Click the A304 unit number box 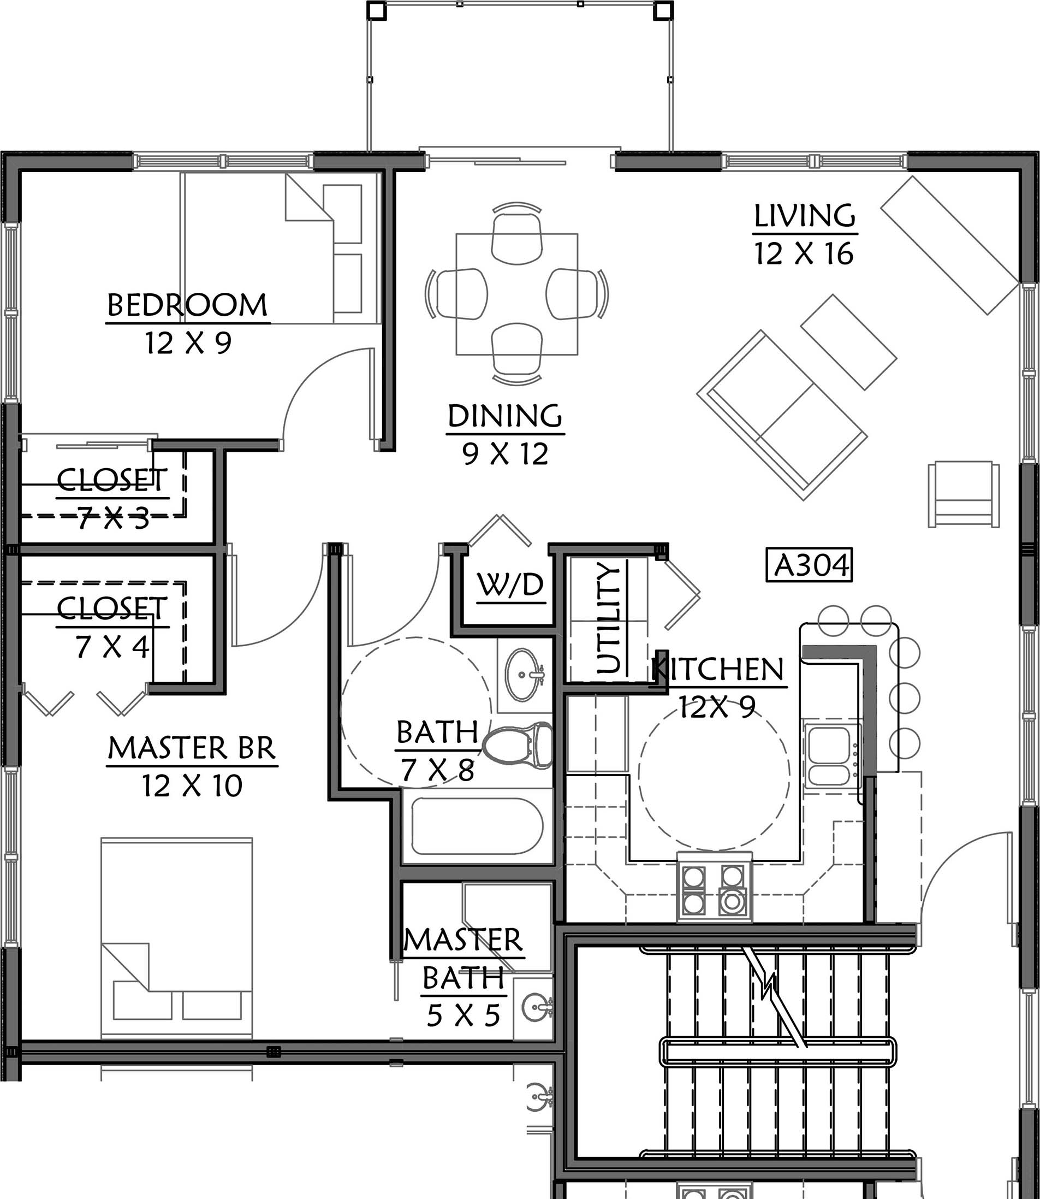point(809,565)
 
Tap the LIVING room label point(804,216)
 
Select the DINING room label point(505,416)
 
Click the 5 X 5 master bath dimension point(463,1015)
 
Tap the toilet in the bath point(518,745)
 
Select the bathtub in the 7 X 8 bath point(477,826)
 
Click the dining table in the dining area point(516,294)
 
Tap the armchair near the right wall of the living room point(964,494)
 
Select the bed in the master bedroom point(176,938)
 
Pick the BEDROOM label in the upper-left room point(187,305)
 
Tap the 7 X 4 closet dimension point(112,647)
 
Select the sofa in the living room point(782,415)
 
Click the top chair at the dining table point(516,233)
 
